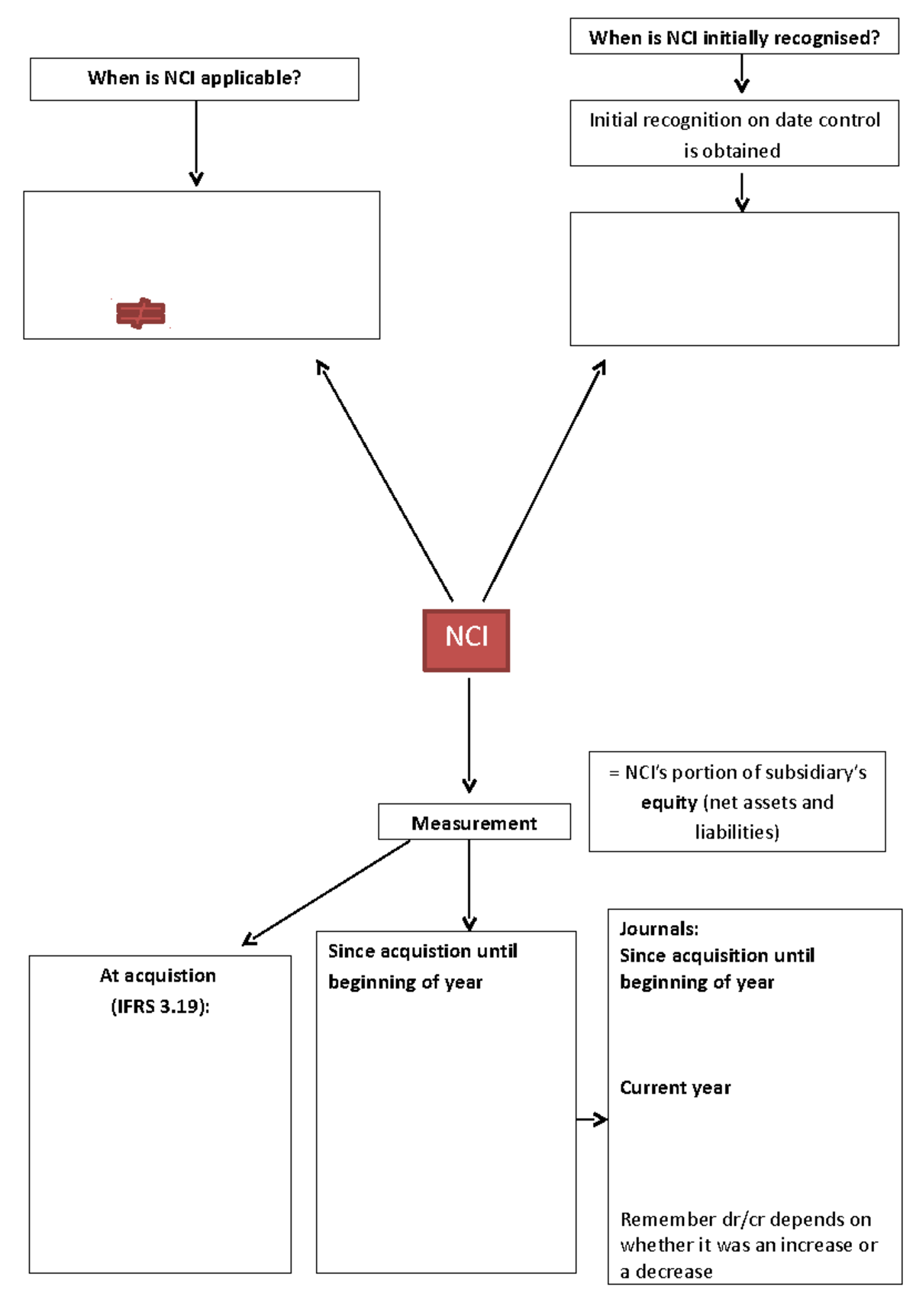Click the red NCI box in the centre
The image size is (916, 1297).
point(466,640)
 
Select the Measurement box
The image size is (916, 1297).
point(473,822)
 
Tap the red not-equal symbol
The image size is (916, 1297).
point(140,313)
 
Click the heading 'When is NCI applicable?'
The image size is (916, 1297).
point(194,78)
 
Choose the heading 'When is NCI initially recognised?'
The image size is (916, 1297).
point(734,37)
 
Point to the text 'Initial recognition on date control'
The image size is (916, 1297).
point(734,120)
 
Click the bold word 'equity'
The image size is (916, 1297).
point(669,803)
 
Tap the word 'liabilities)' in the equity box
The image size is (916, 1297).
point(737,832)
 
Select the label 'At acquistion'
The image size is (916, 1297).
point(158,975)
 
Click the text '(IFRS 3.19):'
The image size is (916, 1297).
point(160,1006)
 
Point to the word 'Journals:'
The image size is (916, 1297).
point(659,929)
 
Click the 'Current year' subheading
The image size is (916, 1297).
point(675,1088)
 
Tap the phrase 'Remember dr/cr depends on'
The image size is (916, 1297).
point(745,1219)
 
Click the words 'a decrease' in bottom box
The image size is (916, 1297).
point(666,1272)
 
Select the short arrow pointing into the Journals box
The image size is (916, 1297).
point(592,1120)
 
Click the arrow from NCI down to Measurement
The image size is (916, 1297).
point(469,733)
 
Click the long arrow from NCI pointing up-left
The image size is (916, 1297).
point(385,481)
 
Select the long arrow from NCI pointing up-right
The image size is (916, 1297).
point(544,481)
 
